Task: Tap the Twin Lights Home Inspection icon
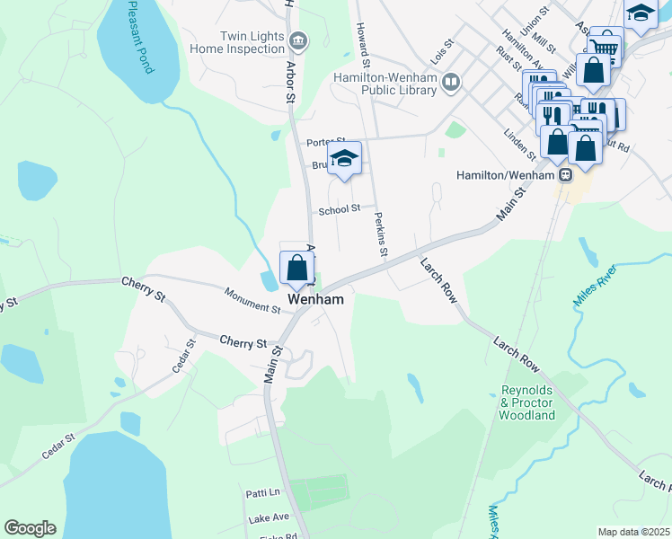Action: [298, 40]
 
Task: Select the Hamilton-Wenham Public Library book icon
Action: [451, 83]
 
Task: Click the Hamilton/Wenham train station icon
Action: [565, 175]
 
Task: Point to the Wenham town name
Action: [316, 299]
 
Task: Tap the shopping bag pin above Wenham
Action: [296, 267]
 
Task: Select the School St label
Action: [340, 209]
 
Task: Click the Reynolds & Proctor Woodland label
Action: [527, 403]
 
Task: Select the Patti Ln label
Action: [262, 493]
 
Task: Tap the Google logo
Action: [30, 528]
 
